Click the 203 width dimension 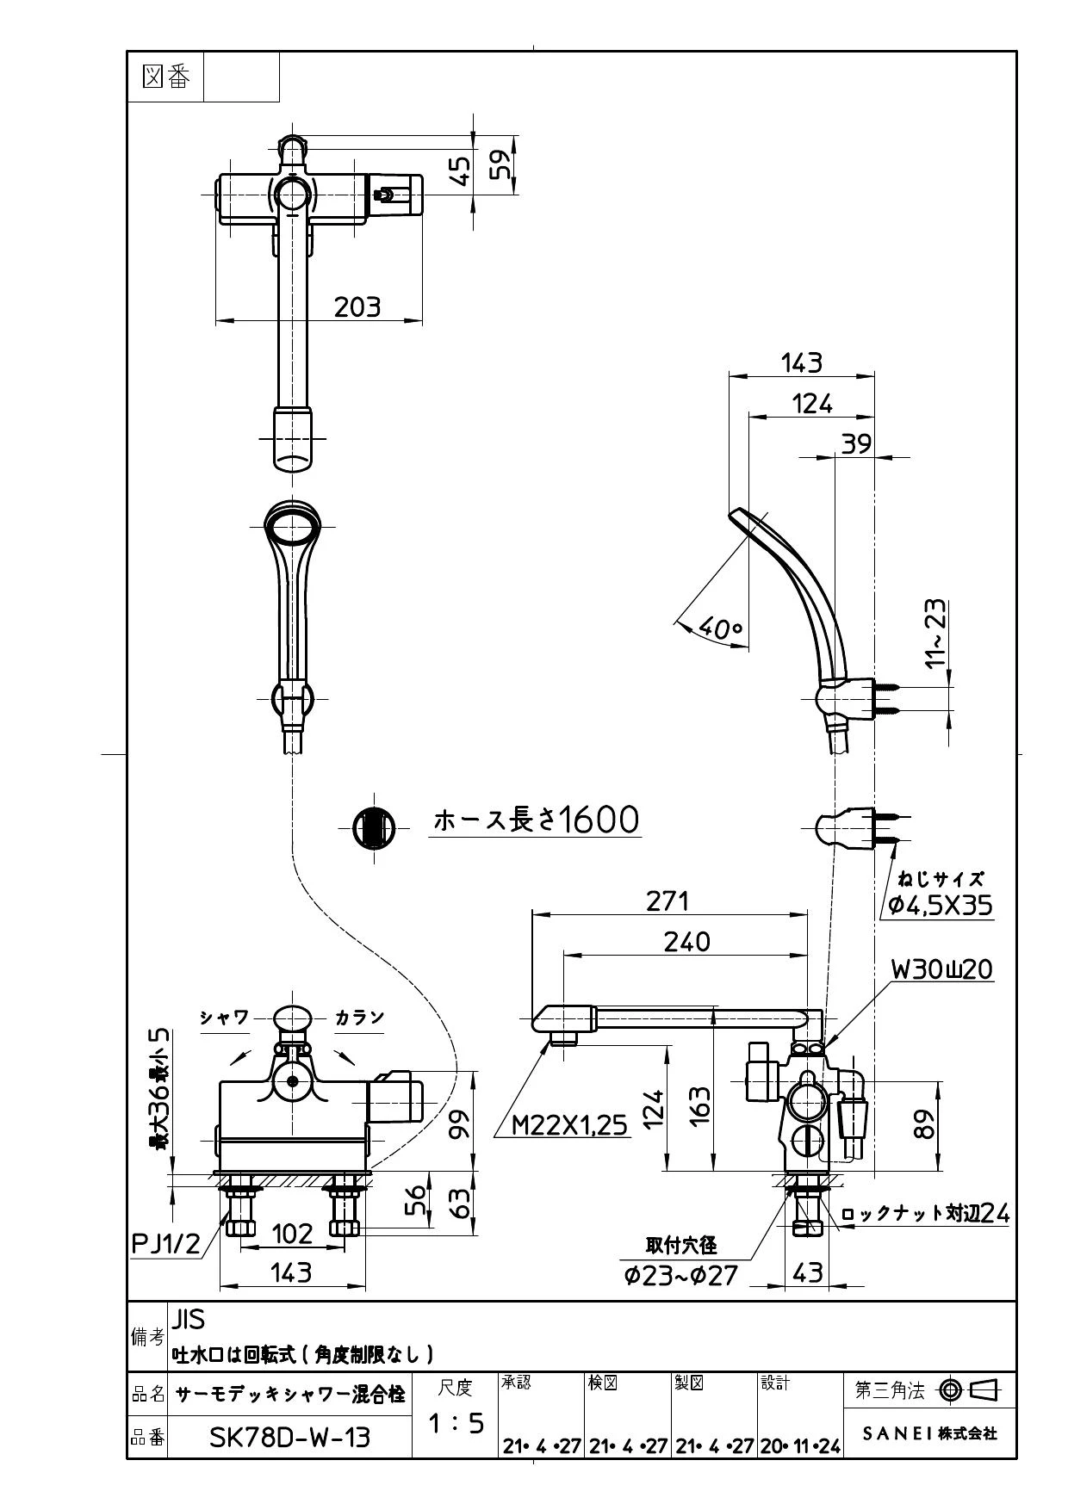pos(357,306)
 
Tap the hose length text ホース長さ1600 pos(536,820)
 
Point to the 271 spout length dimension pos(667,900)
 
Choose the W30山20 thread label pos(941,969)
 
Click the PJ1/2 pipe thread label pos(165,1243)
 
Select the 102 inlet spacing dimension pos(292,1234)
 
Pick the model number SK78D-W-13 pos(290,1437)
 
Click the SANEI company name pos(929,1433)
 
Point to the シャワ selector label pos(224,1018)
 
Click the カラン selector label pos(359,1018)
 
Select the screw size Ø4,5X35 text pos(941,905)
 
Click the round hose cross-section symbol pos(373,828)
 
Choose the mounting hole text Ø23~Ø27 pos(681,1275)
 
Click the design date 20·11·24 pos(800,1446)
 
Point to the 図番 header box pos(165,77)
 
